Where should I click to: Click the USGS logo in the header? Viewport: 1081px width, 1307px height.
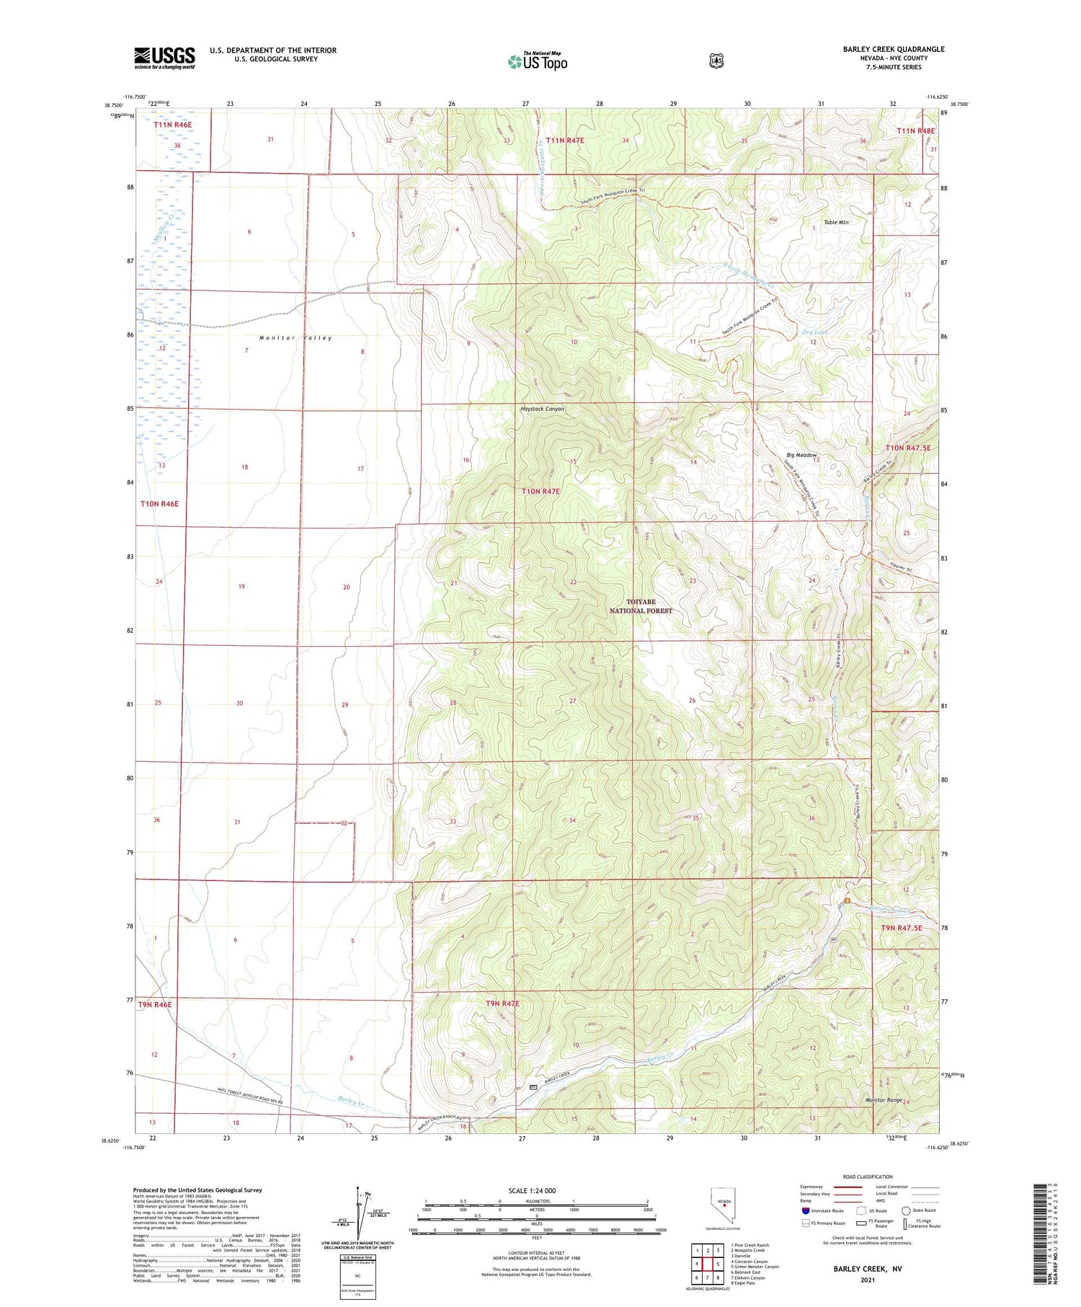164,58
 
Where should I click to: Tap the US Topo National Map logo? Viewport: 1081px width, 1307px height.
538,61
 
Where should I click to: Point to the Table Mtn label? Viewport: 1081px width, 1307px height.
836,222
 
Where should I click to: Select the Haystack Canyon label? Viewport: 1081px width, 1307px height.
542,409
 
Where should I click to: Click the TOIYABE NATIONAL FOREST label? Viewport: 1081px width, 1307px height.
640,606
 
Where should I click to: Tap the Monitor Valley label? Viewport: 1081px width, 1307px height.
295,338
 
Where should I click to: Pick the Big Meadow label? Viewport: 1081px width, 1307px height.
801,455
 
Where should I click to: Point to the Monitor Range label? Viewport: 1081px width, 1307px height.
884,1100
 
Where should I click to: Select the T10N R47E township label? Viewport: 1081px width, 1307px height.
540,491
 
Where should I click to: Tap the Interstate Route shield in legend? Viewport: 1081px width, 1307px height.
805,1210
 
